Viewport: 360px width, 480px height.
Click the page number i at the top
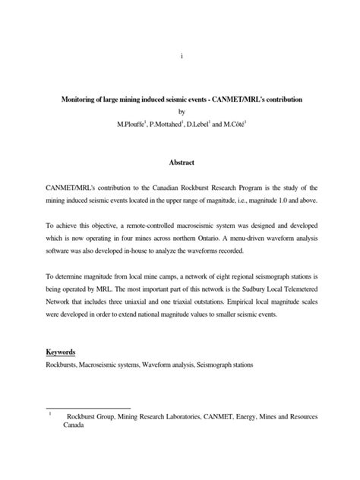click(180, 55)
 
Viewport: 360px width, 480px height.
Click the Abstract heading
click(180, 163)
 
